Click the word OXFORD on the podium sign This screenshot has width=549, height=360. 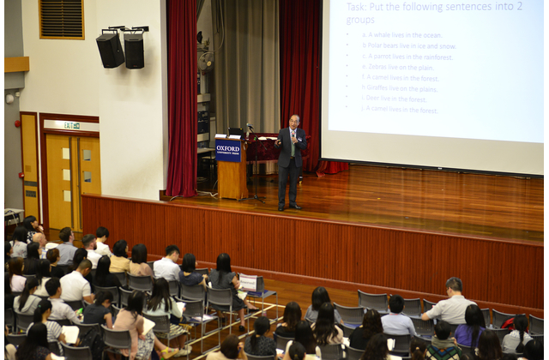[x=228, y=146]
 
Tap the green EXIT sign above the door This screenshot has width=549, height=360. [x=71, y=125]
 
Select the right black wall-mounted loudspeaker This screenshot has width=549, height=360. [x=134, y=51]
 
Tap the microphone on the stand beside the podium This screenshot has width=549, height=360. [x=248, y=126]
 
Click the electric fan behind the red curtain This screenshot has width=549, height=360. [x=206, y=62]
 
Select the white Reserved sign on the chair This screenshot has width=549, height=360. [x=250, y=283]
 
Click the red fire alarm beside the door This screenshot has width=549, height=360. [x=18, y=123]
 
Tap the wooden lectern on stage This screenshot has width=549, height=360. [x=232, y=167]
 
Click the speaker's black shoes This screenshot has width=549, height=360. [x=288, y=207]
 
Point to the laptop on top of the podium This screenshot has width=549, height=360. [x=235, y=132]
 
